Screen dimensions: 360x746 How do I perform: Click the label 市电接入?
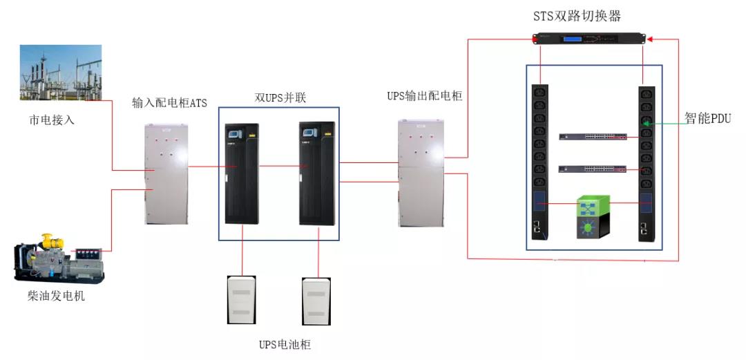[x=52, y=120]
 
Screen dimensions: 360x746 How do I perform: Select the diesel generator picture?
[x=59, y=258]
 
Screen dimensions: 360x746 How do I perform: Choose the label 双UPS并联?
[x=280, y=98]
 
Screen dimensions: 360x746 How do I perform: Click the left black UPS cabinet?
[x=242, y=173]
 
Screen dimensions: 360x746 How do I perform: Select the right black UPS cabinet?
[x=316, y=173]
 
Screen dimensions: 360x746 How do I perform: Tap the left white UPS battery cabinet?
[x=242, y=301]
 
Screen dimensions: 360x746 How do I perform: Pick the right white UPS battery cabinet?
[x=317, y=301]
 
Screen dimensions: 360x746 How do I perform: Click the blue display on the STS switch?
[x=571, y=38]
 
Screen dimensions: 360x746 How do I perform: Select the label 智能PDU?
[x=708, y=117]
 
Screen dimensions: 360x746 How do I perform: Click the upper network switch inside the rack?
[x=593, y=136]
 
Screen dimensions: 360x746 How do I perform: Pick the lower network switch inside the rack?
[x=593, y=169]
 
